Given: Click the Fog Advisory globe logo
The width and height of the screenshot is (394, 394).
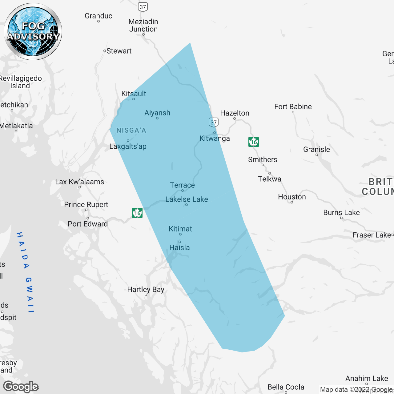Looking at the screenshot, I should pos(33,31).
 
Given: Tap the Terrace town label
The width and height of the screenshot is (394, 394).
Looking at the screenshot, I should pos(182,185).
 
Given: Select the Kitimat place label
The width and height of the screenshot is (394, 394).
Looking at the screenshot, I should pos(180,229).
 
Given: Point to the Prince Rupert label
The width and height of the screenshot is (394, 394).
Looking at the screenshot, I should pos(86,205).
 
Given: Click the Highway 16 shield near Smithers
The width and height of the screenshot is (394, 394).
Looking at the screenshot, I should pos(254,142).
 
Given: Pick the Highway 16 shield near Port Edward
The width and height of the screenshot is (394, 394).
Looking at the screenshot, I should pos(137,213).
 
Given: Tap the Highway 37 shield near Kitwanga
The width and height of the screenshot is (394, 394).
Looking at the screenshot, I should pos(214,122).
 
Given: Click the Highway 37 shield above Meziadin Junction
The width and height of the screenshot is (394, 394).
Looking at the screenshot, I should pos(143,7).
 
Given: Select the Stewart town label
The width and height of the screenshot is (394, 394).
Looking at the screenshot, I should pos(119,51).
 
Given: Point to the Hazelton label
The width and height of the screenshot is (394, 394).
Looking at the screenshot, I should pos(235,113).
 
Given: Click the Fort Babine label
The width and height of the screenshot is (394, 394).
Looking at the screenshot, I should pos(293,107).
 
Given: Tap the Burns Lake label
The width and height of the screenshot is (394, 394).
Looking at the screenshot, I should pos(341,213).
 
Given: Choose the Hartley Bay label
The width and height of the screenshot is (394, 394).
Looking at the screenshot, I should pos(146,290).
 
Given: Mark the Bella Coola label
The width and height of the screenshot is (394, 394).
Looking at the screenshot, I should pos(286,387).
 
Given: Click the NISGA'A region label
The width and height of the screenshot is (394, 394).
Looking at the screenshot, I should pos(131,131).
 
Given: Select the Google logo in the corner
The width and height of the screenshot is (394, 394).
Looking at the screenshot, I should pos(21,387).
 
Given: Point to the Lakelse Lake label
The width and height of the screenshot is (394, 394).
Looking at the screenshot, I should pos(187,199).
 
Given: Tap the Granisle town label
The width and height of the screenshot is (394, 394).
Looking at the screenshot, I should pos(316,150).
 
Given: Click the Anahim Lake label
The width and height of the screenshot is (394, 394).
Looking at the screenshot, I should pos(367,379).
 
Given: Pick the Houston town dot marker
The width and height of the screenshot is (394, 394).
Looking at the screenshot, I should pos(292,202).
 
